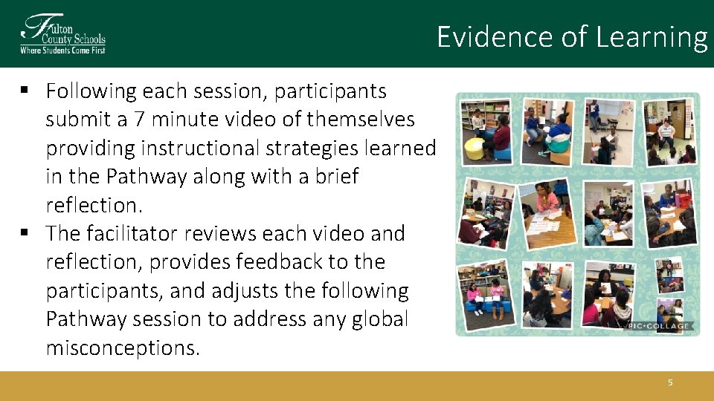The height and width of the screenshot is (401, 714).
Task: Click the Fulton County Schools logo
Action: click(62, 33)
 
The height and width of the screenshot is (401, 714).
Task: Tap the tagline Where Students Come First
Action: click(62, 50)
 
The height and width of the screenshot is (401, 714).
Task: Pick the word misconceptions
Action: click(123, 348)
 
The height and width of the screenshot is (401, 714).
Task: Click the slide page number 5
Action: click(669, 382)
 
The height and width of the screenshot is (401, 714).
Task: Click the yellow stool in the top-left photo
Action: click(474, 149)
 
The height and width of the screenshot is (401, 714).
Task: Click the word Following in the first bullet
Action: click(91, 91)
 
